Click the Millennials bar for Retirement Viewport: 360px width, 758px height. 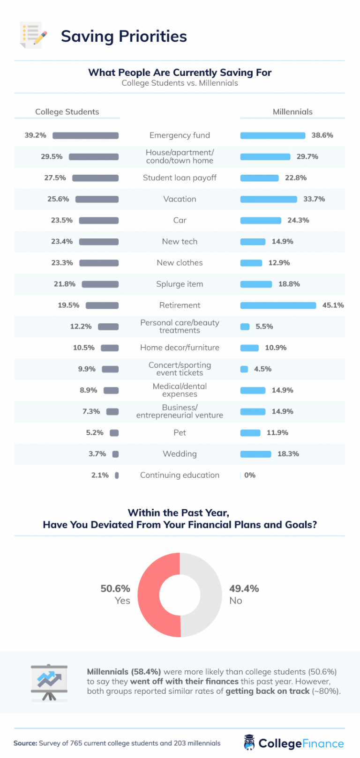click(278, 305)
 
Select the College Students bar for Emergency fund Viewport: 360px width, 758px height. click(85, 135)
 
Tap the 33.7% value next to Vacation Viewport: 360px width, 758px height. click(314, 199)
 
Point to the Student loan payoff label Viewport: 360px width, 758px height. click(180, 178)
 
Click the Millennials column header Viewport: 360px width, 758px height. click(292, 112)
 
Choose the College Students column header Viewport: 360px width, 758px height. click(67, 112)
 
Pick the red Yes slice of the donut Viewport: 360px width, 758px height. click(149, 595)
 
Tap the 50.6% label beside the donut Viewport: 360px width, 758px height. click(115, 589)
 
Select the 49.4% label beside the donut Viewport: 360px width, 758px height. click(244, 589)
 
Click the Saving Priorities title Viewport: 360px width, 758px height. click(124, 37)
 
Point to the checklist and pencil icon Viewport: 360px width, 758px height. click(33, 35)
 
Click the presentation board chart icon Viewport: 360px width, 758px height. click(49, 682)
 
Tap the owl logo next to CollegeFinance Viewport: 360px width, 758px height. click(249, 743)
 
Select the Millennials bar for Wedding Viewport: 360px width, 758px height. click(255, 454)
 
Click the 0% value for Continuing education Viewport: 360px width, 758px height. click(250, 476)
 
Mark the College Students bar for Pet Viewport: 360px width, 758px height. click(114, 433)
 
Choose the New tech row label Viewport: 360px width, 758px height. click(180, 242)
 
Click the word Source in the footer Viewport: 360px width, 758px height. click(25, 743)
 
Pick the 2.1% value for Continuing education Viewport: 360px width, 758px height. click(100, 476)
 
